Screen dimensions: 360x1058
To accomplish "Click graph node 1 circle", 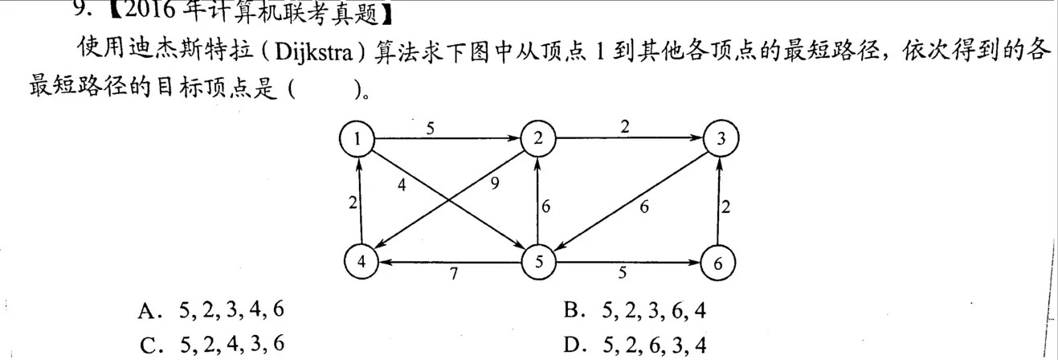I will pyautogui.click(x=358, y=140).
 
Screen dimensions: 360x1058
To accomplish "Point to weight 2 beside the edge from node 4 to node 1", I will pyautogui.click(x=352, y=202).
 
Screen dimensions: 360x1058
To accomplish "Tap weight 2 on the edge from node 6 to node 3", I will pyautogui.click(x=726, y=207).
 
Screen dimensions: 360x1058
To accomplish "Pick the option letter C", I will pyautogui.click(x=146, y=344).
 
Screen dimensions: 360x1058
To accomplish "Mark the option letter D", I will pyautogui.click(x=572, y=344).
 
